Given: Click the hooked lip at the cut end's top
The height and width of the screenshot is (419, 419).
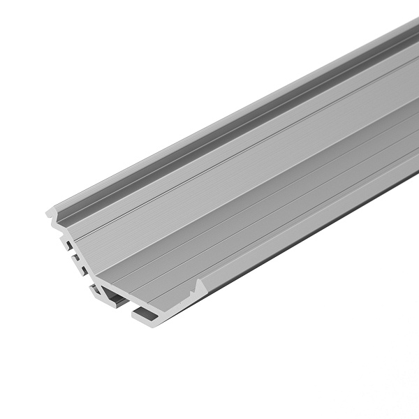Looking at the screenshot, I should pyautogui.click(x=52, y=210).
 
